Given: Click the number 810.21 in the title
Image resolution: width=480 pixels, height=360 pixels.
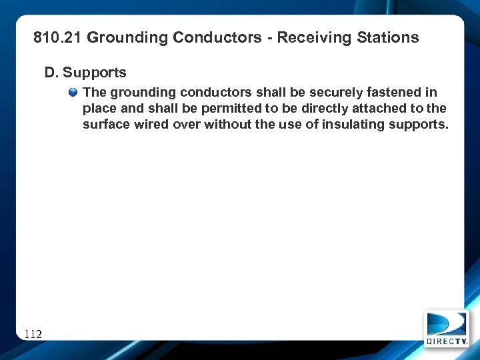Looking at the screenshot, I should tap(57, 37).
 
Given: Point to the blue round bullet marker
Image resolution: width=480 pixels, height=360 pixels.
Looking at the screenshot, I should tap(73, 92).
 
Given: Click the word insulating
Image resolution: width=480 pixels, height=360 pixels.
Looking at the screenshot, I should tap(347, 125).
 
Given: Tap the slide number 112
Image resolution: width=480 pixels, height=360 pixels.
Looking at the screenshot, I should tap(33, 333).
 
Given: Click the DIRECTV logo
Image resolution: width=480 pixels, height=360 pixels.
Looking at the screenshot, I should tap(446, 329).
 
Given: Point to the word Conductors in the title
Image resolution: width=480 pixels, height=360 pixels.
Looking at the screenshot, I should tap(217, 37).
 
